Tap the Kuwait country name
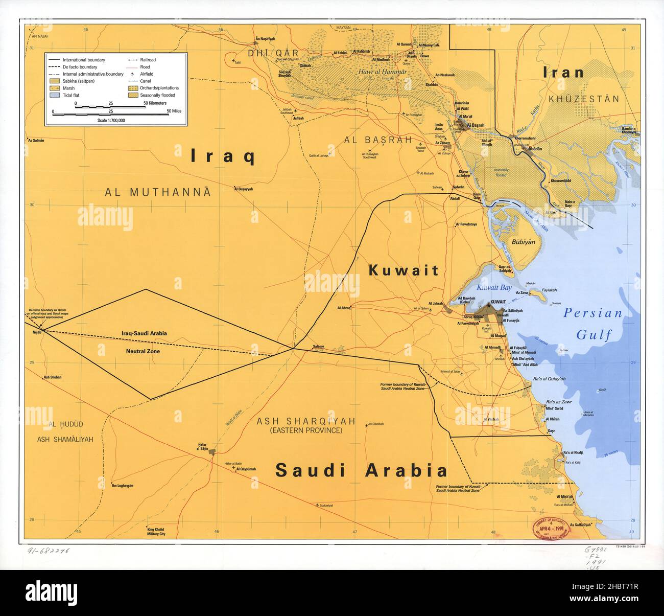pos(404,270)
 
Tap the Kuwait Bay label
pos(494,288)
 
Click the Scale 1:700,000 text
pos(111,120)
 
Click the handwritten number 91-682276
pos(48,552)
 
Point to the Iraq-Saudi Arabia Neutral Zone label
pos(144,342)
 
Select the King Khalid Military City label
pos(148,531)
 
